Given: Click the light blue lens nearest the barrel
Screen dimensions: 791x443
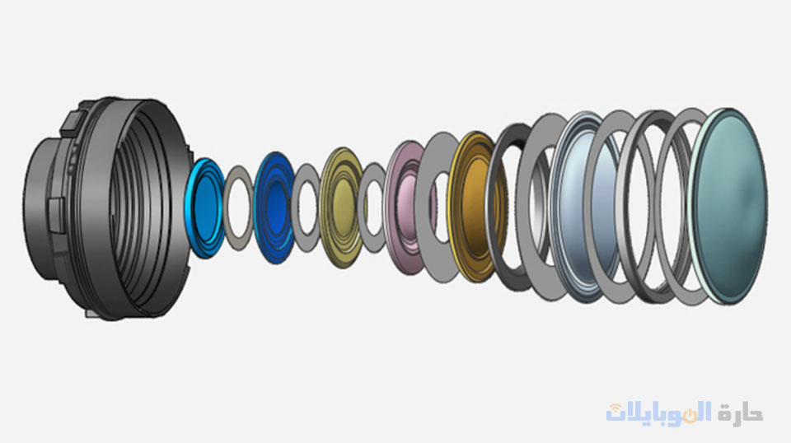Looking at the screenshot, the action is coord(204,208).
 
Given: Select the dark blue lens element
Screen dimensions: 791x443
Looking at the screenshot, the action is coord(274,208).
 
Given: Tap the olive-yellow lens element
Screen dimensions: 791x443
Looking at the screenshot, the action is coord(341,208).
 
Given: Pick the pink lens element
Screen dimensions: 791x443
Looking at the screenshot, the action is coord(406,208).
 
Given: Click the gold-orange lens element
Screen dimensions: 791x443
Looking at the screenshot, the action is coord(475,208).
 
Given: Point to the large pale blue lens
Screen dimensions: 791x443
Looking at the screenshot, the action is coord(585,208).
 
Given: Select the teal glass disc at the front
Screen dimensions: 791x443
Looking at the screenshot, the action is coord(729,207).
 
